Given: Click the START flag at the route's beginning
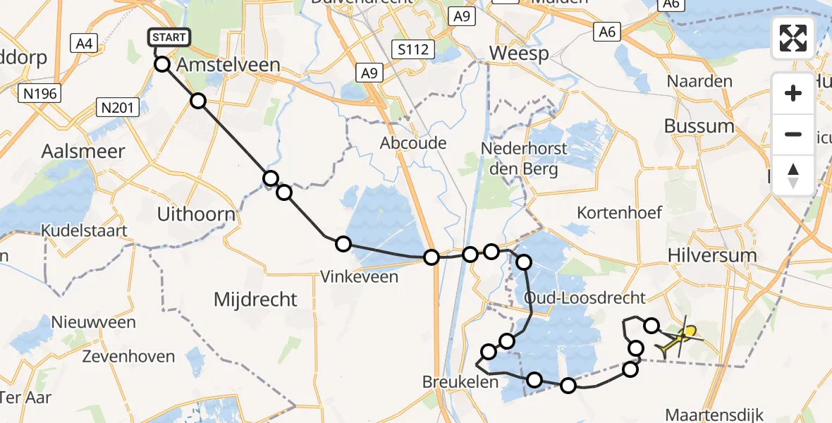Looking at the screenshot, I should (169, 37).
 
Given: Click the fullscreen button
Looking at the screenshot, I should (793, 37).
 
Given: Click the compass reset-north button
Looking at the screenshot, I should (793, 176).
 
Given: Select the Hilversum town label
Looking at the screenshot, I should (711, 255).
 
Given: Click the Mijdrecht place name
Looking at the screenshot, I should (255, 300).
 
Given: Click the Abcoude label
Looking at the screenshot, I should (413, 143).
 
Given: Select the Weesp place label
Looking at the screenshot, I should (518, 54).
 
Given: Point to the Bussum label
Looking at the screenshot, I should (699, 126).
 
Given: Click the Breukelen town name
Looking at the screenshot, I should (460, 381).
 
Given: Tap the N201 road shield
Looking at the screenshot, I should (117, 108).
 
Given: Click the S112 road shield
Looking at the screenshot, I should (413, 49).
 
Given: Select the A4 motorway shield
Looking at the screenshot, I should (84, 44).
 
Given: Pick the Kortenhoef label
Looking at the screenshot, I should (619, 212).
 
